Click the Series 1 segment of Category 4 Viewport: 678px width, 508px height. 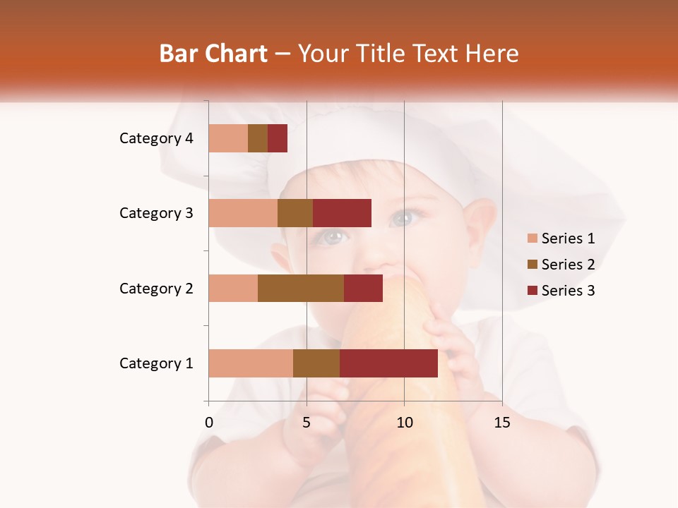pyautogui.click(x=228, y=138)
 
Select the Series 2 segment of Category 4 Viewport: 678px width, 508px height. pyautogui.click(x=258, y=138)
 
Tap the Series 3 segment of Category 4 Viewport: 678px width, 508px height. pyautogui.click(x=278, y=138)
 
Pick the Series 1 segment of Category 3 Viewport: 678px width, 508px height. pyautogui.click(x=243, y=213)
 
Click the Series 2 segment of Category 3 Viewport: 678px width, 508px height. pyautogui.click(x=295, y=213)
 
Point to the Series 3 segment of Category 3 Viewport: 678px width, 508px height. pyautogui.click(x=342, y=213)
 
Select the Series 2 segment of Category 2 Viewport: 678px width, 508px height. pyautogui.click(x=301, y=288)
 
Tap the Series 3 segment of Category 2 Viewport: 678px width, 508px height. pyautogui.click(x=363, y=288)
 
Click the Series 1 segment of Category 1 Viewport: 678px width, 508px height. pyautogui.click(x=251, y=363)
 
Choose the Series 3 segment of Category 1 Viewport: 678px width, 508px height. pyautogui.click(x=388, y=363)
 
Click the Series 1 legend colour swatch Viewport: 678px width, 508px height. pyautogui.click(x=533, y=238)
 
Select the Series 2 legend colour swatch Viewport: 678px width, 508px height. pyautogui.click(x=533, y=265)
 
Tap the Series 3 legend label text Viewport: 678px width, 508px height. pyautogui.click(x=568, y=291)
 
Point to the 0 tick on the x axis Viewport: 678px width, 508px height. pyautogui.click(x=209, y=423)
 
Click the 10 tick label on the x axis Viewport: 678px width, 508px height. pyautogui.click(x=404, y=423)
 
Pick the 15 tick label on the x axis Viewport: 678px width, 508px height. pyautogui.click(x=502, y=423)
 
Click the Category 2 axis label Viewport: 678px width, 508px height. pyautogui.click(x=156, y=288)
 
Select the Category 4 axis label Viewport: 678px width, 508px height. pyautogui.click(x=156, y=138)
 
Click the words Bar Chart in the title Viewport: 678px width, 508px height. pyautogui.click(x=213, y=54)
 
